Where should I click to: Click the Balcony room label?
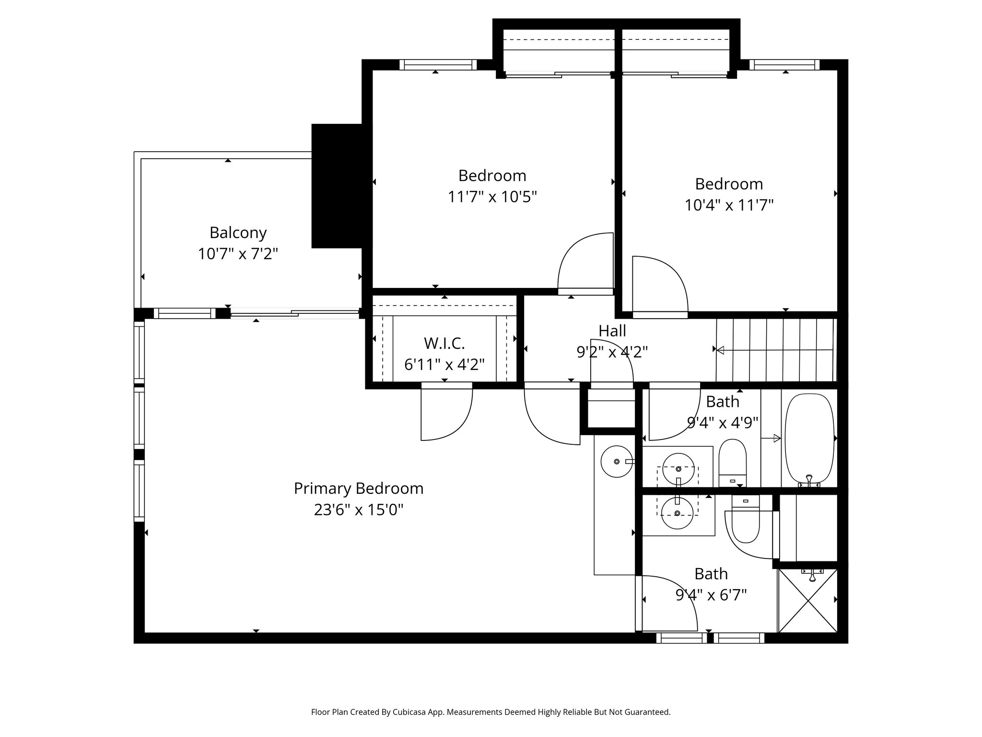(238, 233)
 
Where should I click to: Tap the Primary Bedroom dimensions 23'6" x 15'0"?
(358, 510)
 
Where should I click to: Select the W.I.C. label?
(444, 343)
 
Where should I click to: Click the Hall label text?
(612, 331)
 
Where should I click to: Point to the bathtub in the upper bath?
(809, 438)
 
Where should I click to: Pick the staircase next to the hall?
(776, 350)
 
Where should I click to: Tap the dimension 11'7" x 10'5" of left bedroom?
(492, 197)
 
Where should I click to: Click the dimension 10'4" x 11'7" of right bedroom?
(728, 205)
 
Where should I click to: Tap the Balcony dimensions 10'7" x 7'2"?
(238, 253)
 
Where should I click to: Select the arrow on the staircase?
(719, 350)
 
